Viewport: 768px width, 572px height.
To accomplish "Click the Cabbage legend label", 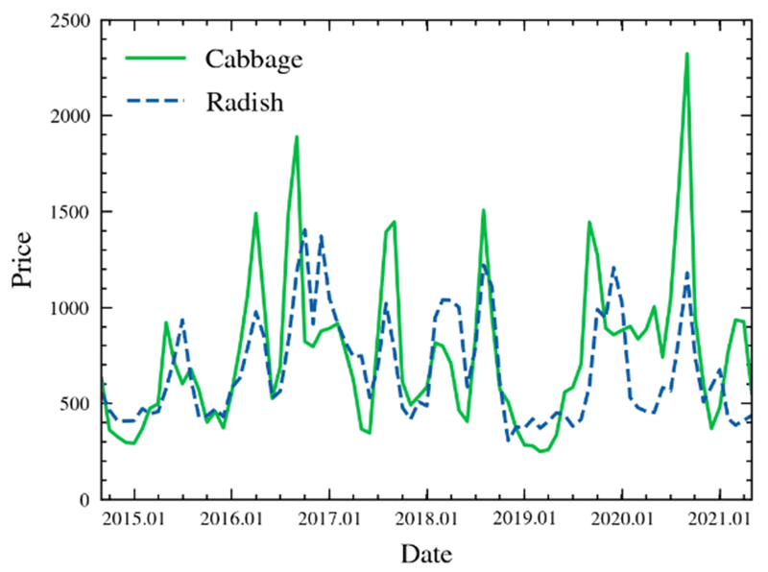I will [254, 60].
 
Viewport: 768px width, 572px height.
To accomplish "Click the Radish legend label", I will [245, 103].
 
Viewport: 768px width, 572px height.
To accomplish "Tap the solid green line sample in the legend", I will [155, 60].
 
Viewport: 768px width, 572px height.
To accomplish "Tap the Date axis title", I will [425, 554].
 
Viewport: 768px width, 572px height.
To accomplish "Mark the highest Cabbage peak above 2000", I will [686, 54].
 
